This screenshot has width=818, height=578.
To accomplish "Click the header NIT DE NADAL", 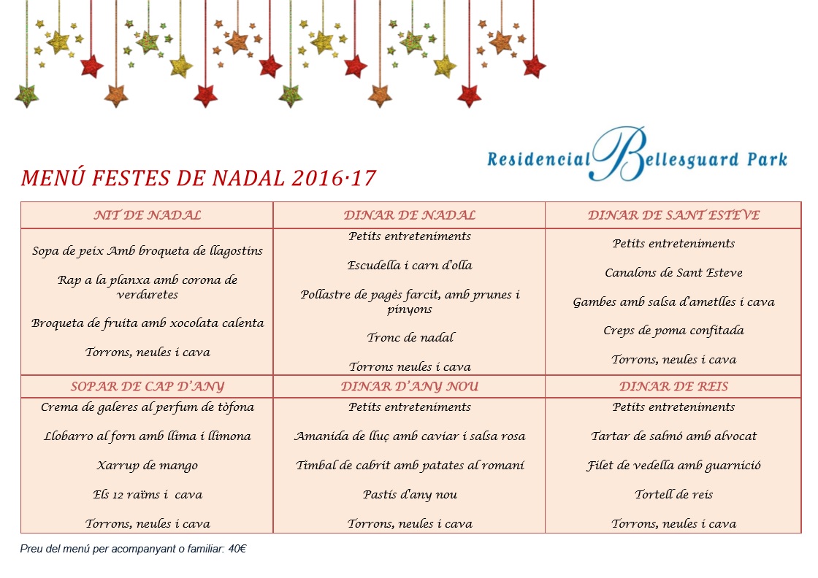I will coord(147,215).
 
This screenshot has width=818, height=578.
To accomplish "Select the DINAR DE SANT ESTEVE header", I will coord(673,215).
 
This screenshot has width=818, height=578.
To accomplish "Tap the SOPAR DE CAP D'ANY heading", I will coord(147,387).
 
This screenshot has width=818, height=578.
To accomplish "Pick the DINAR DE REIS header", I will coord(673,387).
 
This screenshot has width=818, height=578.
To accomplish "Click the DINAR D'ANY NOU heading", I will coord(409,387).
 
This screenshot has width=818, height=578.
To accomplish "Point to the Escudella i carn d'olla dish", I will coord(409,266).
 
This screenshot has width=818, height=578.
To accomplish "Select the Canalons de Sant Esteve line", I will coord(673,273).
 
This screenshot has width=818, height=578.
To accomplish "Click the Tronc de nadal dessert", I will coord(410,338).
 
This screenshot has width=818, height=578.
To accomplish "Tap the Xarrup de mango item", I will coord(147,466).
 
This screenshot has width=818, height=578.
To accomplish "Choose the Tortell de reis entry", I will coord(673,495).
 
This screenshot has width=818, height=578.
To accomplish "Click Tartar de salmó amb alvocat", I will coord(673,436).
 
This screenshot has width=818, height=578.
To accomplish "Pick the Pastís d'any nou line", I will coord(410,495).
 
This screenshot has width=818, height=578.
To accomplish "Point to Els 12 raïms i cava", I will coord(147,495).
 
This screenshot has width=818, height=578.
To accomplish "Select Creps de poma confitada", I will coord(673,331).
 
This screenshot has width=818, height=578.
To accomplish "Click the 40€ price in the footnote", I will coord(237,549).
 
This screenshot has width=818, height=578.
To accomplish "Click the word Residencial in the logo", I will coord(538,158).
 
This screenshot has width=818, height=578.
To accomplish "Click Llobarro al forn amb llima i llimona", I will coord(147,436).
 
